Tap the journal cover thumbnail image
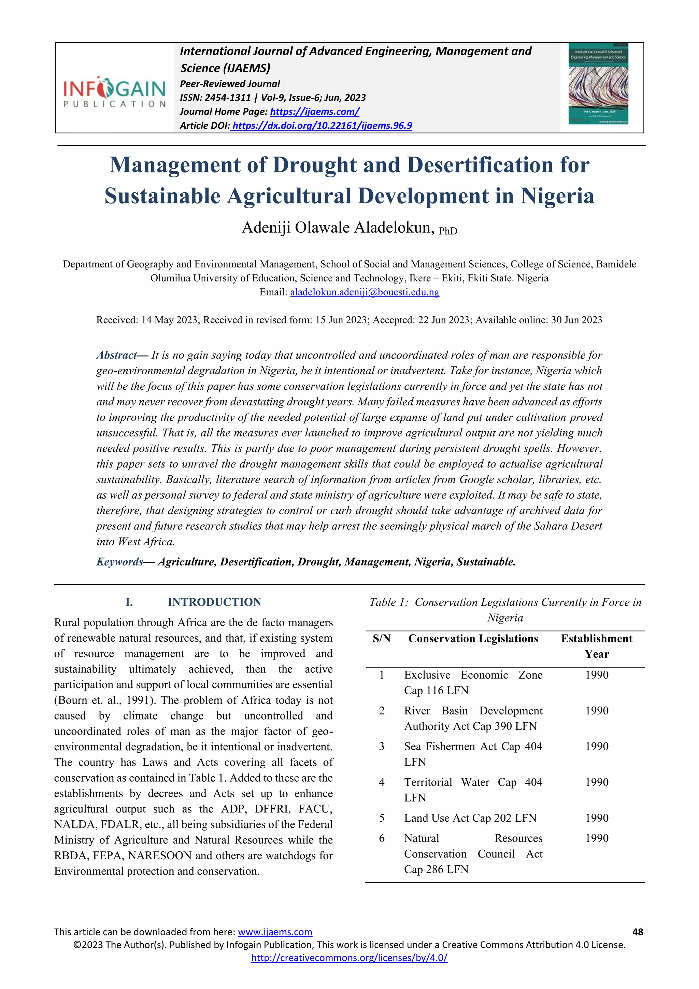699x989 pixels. [598, 84]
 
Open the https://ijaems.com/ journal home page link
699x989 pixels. [314, 112]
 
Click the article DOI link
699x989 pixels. [322, 125]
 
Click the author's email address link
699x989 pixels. [365, 292]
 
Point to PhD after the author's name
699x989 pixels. [448, 231]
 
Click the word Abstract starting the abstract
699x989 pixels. [116, 355]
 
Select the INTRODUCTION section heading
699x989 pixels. [214, 602]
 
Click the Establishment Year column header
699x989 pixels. [596, 646]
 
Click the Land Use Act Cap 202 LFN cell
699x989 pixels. [470, 818]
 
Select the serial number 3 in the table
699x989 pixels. [381, 746]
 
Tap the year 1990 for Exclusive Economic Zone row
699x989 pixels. [597, 674]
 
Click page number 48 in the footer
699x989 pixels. [638, 932]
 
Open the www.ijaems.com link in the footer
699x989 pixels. [275, 932]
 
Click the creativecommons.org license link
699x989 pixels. [349, 958]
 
